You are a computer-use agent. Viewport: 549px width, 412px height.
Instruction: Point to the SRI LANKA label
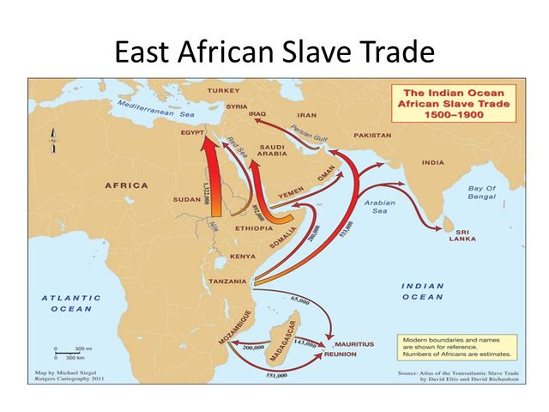pos(462,234)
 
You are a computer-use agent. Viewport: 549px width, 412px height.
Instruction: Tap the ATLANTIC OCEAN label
pos(71,303)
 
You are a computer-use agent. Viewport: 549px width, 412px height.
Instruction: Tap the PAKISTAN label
pos(371,136)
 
